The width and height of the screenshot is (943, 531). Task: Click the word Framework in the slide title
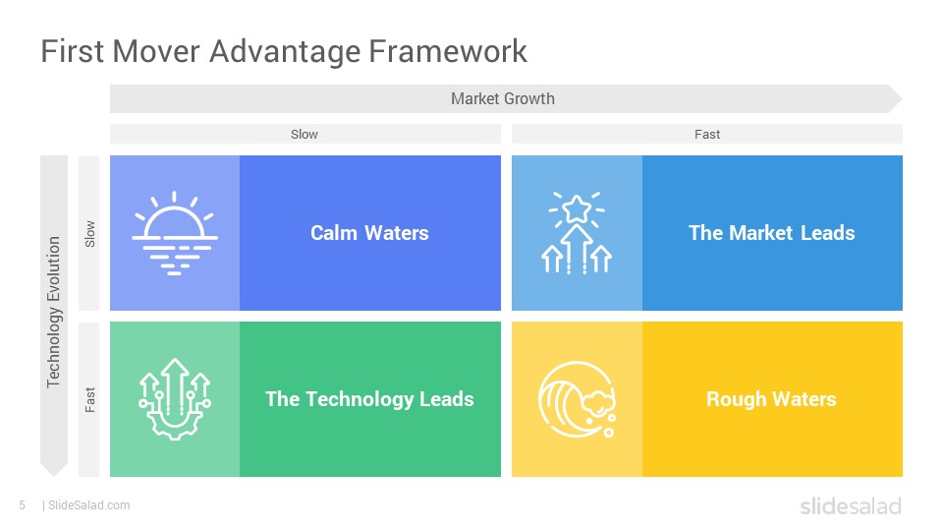tap(448, 50)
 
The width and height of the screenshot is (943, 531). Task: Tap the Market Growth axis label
tap(503, 98)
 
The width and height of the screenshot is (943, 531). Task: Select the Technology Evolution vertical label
tap(53, 312)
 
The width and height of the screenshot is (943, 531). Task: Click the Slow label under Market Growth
tap(305, 135)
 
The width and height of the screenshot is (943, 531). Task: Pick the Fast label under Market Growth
tap(707, 135)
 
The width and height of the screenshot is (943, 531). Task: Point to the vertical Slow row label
tap(89, 234)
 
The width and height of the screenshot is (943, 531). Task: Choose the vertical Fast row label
tap(89, 400)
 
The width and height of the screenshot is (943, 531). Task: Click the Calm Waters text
tap(369, 233)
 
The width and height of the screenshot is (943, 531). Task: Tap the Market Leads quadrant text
tap(772, 233)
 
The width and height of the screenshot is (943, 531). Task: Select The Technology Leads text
tap(369, 399)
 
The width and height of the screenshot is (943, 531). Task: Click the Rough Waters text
tap(771, 399)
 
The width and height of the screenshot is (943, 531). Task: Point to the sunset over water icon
tap(175, 233)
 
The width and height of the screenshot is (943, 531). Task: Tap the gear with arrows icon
tap(175, 399)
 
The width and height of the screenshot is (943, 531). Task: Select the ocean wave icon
tap(577, 399)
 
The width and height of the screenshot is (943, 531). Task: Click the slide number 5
tap(23, 505)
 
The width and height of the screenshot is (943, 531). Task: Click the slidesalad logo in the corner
tap(851, 506)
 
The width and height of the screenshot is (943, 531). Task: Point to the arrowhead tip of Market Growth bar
tap(902, 98)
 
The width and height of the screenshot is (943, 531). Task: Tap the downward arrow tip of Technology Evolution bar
tap(54, 476)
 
